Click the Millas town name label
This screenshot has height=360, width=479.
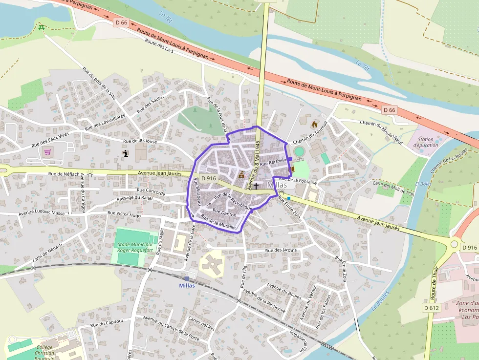pos(277,186)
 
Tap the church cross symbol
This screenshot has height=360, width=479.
pos(256,186)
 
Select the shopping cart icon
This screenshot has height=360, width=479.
pos(47,152)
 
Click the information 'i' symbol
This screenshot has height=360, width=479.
pos(126,153)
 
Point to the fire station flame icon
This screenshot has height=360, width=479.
pos(315,124)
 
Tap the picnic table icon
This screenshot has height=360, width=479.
pos(42,27)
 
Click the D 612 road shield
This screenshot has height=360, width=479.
pos(432,308)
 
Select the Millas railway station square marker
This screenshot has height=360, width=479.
pos(187,278)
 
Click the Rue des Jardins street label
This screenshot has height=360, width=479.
pos(281,251)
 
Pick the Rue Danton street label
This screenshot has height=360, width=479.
pos(224,212)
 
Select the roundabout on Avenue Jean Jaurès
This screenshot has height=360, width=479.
pos(455,243)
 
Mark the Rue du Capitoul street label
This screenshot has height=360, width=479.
pos(107,324)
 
